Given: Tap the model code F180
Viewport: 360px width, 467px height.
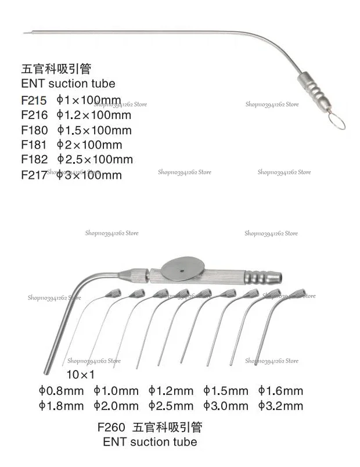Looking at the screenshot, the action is pos(34,130).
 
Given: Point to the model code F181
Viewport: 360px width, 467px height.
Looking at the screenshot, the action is pos(34,145).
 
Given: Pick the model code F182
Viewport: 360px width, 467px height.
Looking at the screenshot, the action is pos(34,159).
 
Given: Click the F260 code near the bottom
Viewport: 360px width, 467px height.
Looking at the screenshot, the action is pos(113,428).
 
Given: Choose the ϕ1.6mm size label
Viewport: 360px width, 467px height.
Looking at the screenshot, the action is pos(280,391).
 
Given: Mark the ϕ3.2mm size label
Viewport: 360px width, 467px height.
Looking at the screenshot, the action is pos(280,405).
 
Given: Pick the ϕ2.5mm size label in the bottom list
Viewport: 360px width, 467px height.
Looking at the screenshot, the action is pos(171,405).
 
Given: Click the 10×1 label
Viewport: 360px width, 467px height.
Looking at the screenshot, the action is pos(80,375).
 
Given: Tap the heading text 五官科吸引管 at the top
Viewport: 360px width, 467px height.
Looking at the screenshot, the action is pos(56,70).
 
